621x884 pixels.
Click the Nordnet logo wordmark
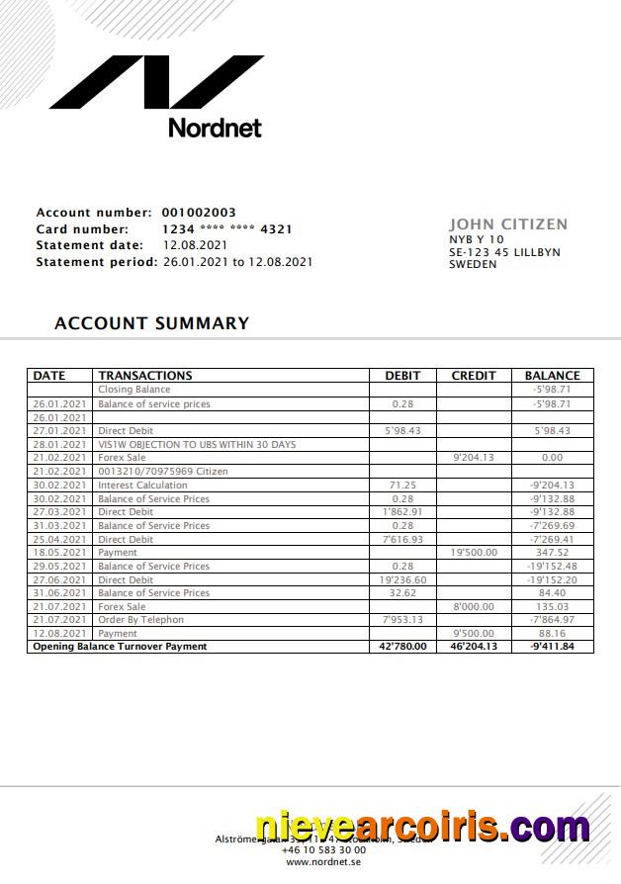click(x=215, y=128)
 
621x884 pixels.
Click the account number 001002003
click(x=199, y=213)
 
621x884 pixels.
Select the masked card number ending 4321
click(x=226, y=229)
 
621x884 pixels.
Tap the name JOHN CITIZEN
click(x=508, y=224)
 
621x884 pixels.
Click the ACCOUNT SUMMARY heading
click(x=151, y=323)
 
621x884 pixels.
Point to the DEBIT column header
click(x=402, y=376)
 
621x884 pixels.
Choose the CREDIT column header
click(x=473, y=376)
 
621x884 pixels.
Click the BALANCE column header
click(x=552, y=376)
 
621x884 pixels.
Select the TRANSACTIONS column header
click(x=145, y=376)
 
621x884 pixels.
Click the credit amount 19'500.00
click(x=474, y=553)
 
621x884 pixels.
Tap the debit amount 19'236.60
click(x=402, y=580)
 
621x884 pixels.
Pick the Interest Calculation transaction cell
click(x=142, y=486)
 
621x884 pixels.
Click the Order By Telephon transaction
click(x=140, y=620)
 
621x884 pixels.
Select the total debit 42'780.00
click(x=402, y=647)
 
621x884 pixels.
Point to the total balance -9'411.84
click(x=552, y=647)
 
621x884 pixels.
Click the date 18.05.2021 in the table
click(x=60, y=553)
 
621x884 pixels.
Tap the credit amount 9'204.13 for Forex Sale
click(x=473, y=458)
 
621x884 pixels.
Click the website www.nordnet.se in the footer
click(x=323, y=862)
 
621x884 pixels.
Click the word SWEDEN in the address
click(x=473, y=265)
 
